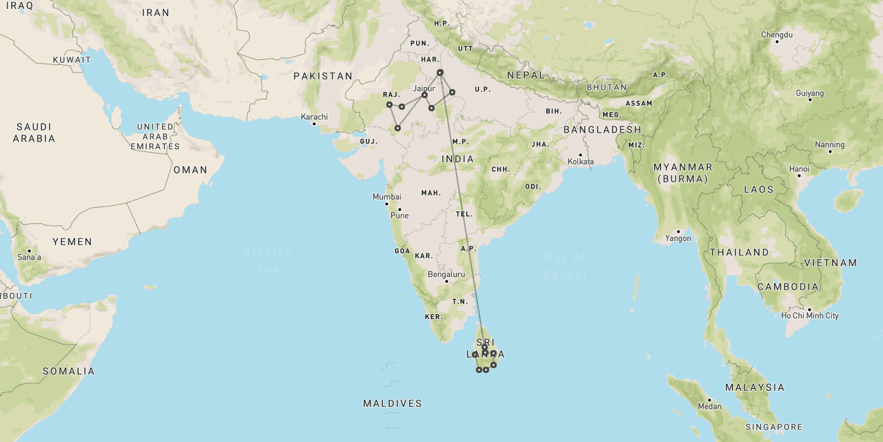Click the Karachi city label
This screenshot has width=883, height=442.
(314, 117)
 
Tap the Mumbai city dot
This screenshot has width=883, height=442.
(386, 204)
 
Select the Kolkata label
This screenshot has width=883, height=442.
(580, 162)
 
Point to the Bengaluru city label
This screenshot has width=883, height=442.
(446, 274)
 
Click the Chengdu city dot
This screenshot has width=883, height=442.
(777, 41)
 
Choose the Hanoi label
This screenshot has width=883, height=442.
(799, 169)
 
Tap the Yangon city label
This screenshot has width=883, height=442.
(678, 238)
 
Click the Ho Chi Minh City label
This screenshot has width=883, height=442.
(810, 316)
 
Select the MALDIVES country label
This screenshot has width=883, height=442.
(393, 403)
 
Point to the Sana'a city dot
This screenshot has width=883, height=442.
(29, 251)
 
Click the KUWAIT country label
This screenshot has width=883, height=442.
(72, 60)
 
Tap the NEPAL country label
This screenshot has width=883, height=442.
(526, 75)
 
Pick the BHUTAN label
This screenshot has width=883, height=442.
(606, 88)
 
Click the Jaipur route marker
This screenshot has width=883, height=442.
(424, 95)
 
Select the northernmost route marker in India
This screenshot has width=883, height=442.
(439, 73)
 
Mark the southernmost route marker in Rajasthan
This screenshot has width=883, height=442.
(397, 128)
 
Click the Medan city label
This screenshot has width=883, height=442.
(709, 407)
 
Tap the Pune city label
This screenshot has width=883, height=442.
(399, 215)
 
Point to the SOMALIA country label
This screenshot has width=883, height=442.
(69, 372)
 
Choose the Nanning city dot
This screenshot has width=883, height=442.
(830, 151)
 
